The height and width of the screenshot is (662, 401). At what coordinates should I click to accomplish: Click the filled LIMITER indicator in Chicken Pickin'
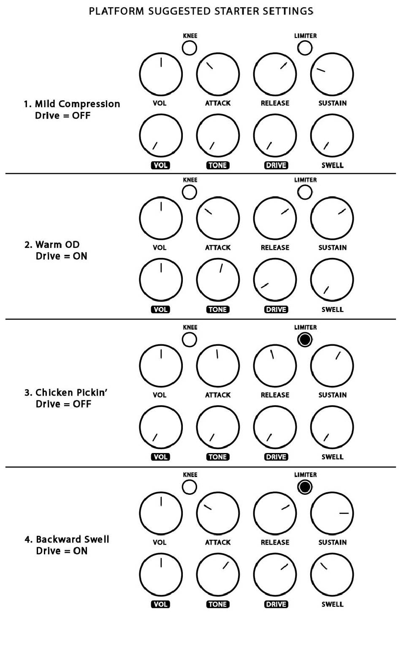tap(305, 339)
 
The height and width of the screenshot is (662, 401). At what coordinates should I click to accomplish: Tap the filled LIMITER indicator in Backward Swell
tap(305, 487)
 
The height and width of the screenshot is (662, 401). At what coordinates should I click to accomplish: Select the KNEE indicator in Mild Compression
tap(189, 48)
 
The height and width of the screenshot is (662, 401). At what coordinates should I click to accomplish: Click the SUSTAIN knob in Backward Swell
tap(332, 513)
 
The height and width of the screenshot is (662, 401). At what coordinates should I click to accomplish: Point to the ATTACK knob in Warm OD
tap(218, 218)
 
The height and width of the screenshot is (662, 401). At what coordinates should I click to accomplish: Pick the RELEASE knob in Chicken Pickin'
tap(275, 366)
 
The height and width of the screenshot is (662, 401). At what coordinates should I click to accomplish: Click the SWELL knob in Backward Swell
tap(332, 575)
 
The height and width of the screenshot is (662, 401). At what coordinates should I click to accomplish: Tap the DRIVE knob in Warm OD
tap(275, 280)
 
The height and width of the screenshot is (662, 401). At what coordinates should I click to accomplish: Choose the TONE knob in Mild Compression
tap(218, 136)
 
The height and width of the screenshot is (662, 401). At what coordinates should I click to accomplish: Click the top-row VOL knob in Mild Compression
tap(161, 74)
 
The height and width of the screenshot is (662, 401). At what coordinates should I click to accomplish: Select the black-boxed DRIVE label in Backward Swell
tap(276, 604)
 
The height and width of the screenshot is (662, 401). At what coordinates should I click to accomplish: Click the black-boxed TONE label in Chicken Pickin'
tap(218, 457)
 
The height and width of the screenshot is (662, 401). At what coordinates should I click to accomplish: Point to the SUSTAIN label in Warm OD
tap(332, 247)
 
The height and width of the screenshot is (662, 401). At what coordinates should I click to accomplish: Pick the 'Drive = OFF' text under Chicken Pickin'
tap(63, 404)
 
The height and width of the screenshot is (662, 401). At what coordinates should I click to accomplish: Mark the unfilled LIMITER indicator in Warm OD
tap(305, 192)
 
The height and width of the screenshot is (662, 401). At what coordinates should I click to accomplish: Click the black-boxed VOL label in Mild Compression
tap(160, 165)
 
